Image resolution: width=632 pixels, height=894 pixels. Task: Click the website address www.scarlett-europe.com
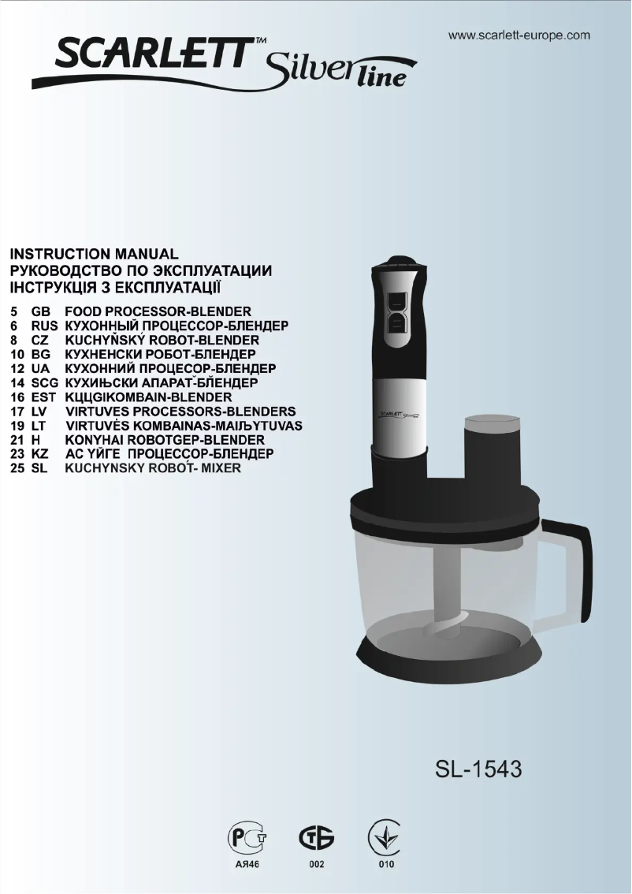click(x=519, y=35)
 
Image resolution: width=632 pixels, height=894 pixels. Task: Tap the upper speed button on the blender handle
click(x=396, y=301)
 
